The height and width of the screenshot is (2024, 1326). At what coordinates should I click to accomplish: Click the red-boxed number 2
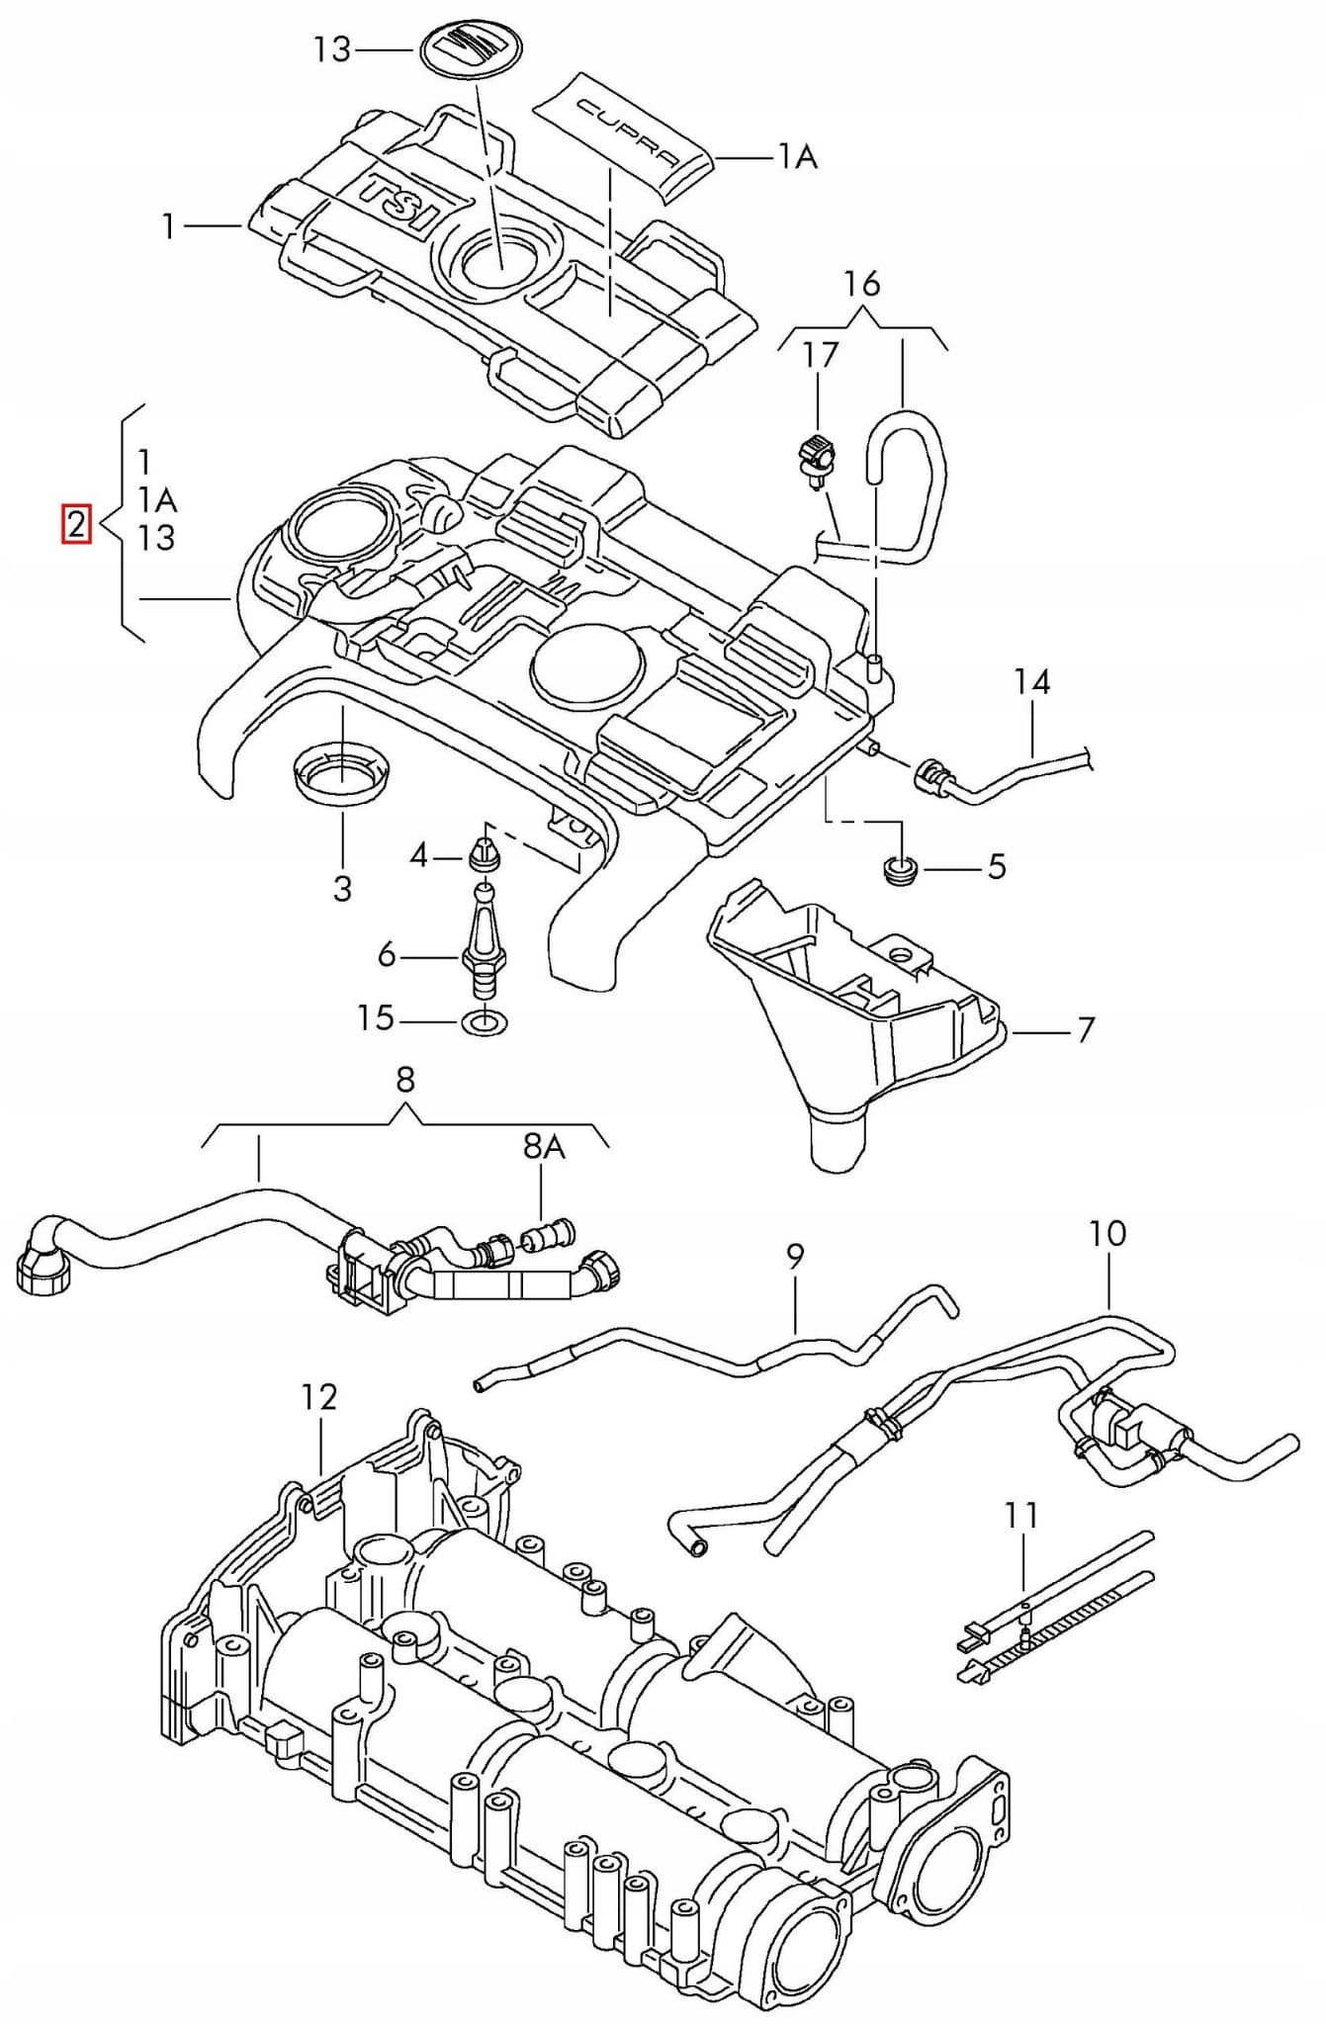coord(76,524)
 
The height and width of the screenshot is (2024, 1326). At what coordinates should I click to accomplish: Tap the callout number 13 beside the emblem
coord(332,49)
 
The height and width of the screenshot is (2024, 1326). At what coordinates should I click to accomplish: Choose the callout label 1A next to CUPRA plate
coord(797,156)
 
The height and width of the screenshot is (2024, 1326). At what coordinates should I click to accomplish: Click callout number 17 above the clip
coord(820,354)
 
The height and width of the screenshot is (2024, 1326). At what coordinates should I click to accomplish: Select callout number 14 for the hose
coord(1031,681)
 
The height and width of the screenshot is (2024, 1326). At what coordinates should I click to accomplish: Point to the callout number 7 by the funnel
coord(1086,1029)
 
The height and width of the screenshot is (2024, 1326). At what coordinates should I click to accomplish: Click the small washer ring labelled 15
coord(481,1020)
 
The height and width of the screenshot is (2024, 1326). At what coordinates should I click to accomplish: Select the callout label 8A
coord(543,1146)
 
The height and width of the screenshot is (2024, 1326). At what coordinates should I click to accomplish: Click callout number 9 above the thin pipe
coord(796,1257)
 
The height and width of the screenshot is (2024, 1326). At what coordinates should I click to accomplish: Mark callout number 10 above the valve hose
coord(1107,1233)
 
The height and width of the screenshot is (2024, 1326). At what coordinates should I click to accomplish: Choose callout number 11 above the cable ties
coord(1021,1514)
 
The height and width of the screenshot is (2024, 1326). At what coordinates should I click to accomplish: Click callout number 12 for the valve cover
coord(319,1396)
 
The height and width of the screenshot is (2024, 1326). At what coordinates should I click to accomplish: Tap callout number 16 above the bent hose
coord(862,284)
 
